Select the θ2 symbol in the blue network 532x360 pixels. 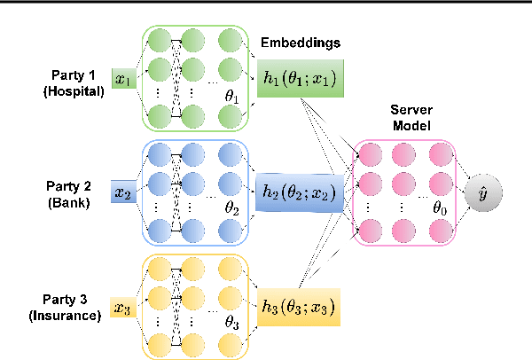232,209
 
